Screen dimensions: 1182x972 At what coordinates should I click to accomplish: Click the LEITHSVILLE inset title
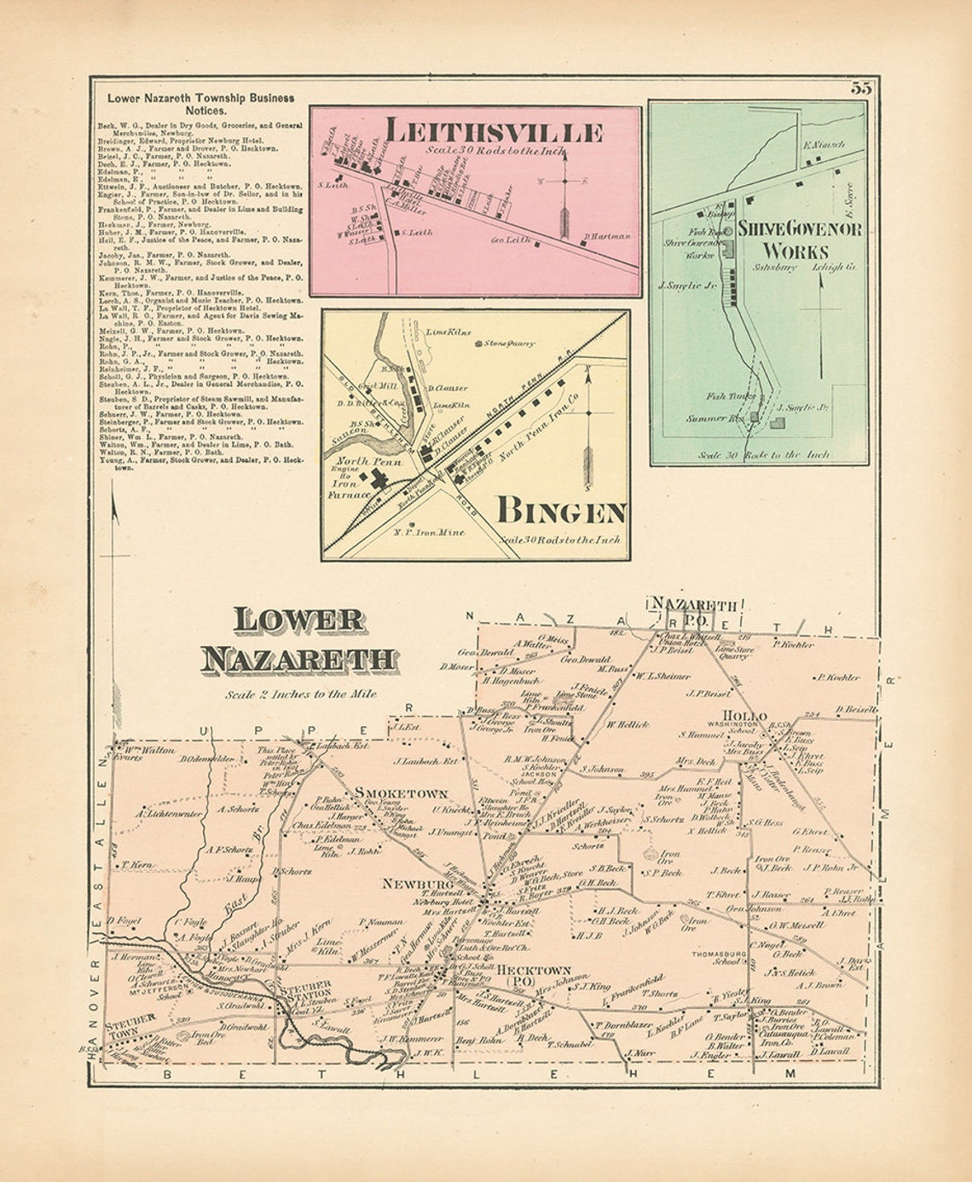coord(494,132)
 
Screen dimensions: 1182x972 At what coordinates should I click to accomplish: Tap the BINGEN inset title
coord(562,511)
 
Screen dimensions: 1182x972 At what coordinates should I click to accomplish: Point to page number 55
coord(859,87)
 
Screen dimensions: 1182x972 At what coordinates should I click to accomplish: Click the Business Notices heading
coord(200,104)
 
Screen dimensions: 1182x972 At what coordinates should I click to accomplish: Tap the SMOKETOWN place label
coord(402,793)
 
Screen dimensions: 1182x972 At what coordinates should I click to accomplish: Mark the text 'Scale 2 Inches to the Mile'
coord(301,694)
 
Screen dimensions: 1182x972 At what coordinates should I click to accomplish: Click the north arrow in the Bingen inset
coord(587,426)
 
